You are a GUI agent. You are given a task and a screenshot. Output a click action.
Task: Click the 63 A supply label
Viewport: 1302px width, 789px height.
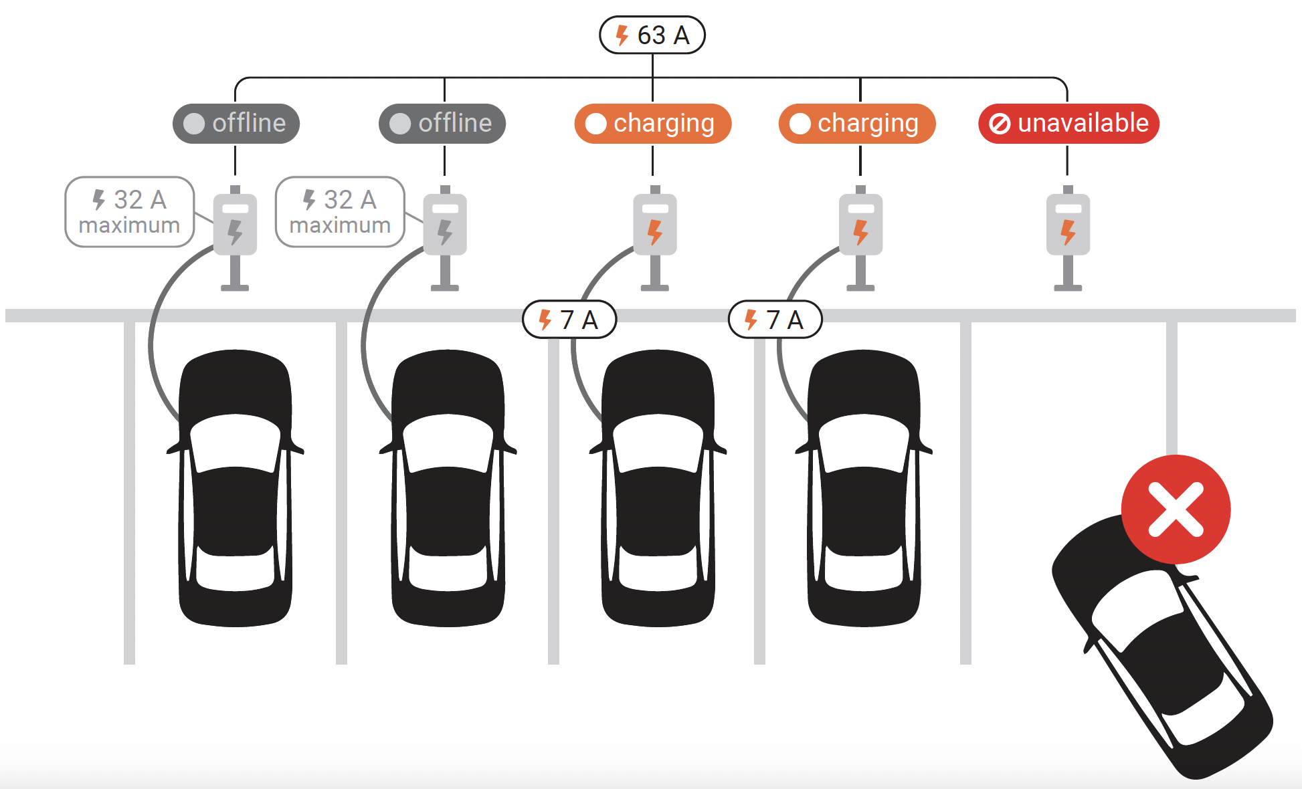click(652, 35)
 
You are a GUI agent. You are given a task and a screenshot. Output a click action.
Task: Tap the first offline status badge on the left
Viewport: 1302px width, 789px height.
click(236, 124)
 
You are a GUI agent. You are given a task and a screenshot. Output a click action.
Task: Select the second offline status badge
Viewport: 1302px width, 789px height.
click(442, 124)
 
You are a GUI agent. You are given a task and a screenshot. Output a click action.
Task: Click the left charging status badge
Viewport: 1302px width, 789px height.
click(652, 124)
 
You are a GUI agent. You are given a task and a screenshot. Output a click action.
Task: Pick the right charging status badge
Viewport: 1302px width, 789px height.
click(856, 124)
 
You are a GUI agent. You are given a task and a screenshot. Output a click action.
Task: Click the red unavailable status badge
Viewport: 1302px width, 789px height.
click(1068, 124)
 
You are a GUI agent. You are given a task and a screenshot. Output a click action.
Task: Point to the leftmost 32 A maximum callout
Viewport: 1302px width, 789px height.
click(129, 212)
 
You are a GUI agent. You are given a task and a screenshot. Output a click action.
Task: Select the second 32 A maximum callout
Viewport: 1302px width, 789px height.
click(340, 212)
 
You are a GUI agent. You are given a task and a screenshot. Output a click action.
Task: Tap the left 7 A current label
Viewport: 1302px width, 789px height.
click(569, 320)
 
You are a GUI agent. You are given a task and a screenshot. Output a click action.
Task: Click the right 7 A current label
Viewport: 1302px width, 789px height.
click(775, 320)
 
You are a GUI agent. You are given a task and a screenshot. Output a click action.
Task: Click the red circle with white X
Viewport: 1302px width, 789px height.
click(1176, 510)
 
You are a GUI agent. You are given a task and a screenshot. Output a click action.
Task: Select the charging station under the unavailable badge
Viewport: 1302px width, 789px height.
click(1068, 227)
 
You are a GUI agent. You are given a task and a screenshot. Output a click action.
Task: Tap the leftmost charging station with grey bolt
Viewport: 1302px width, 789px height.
click(235, 227)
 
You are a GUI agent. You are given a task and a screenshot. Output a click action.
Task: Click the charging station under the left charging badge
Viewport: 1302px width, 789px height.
click(655, 227)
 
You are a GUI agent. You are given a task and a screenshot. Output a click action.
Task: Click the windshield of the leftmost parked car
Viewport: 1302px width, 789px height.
click(235, 441)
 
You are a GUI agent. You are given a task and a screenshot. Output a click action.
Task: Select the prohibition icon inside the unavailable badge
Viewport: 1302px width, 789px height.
click(1000, 124)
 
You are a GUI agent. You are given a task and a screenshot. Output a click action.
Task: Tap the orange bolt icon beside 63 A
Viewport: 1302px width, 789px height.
click(622, 35)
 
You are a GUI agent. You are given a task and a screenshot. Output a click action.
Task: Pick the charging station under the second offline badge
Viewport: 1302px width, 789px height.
click(445, 227)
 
